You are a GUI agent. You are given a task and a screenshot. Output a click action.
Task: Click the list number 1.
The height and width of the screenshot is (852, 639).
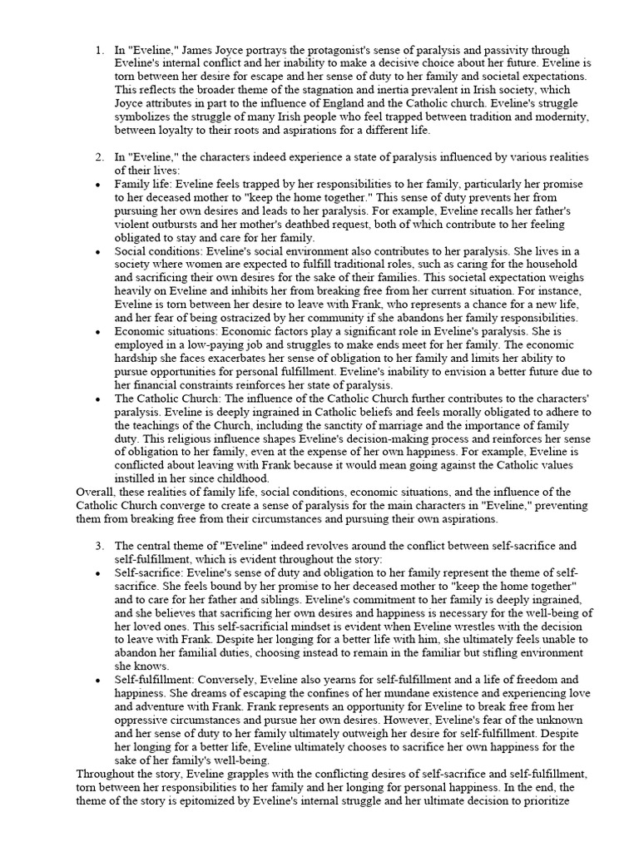pos(98,51)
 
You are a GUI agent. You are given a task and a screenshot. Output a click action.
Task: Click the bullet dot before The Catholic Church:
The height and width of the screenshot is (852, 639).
pos(99,398)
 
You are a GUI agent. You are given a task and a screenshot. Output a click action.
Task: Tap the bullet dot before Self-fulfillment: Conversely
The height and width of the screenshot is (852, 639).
pos(99,679)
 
